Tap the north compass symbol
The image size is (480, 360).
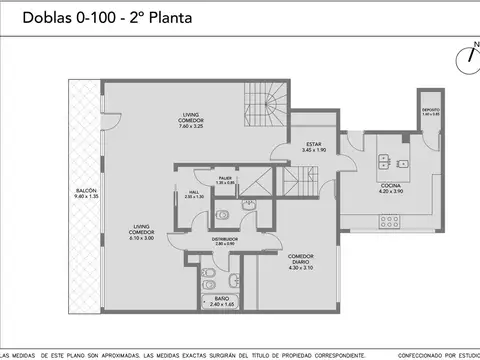pos(465,57)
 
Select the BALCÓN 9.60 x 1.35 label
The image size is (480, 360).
pos(85,195)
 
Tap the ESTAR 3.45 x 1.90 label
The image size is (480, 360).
pos(314,147)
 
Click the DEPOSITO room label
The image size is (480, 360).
pos(431,112)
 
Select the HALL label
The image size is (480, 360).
pos(193,194)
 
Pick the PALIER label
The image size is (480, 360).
pos(225,181)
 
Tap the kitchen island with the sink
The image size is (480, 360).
pos(391,162)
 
